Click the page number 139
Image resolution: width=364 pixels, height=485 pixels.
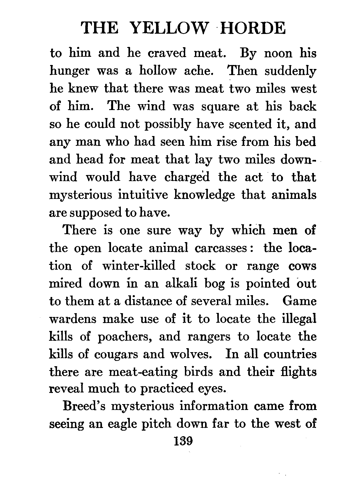(x=183, y=442)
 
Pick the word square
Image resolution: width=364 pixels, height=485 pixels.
(x=220, y=107)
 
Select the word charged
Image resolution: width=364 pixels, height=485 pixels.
(x=187, y=177)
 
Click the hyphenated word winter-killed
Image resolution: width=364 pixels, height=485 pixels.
(x=139, y=265)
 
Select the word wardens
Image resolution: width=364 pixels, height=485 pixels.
(x=73, y=319)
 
